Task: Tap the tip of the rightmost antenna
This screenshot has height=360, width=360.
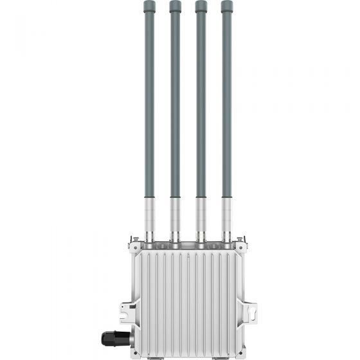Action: tap(226, 6)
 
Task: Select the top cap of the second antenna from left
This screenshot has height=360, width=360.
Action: tap(175, 6)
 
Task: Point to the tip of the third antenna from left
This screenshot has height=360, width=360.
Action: tap(201, 6)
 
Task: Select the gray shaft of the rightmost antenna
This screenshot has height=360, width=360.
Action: tap(226, 96)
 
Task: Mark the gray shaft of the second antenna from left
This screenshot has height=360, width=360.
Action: tap(175, 96)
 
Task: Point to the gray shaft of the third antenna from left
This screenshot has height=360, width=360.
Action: tap(201, 96)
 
